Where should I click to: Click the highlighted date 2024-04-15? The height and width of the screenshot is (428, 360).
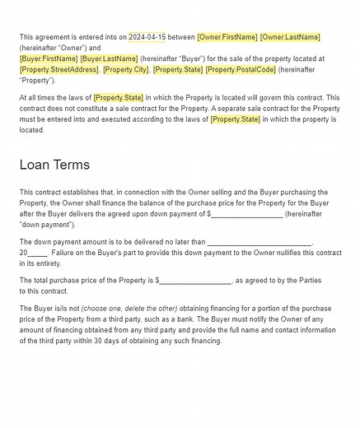pos(147,37)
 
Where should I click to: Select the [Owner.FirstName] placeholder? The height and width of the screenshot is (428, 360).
pos(227,37)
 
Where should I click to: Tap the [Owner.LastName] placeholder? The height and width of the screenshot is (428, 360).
pos(290,37)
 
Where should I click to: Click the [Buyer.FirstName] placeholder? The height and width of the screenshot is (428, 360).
pos(48,59)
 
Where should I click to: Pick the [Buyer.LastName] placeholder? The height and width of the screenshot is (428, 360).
pos(109,59)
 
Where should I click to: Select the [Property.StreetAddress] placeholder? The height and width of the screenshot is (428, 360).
pos(58,70)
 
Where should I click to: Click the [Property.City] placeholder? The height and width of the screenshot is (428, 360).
pos(125,70)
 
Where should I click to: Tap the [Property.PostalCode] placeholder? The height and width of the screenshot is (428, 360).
pos(241,70)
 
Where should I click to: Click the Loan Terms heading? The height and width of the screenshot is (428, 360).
pos(55,165)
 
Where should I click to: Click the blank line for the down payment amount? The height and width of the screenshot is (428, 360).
pos(247,215)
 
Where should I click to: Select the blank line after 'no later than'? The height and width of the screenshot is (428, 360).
pos(260,242)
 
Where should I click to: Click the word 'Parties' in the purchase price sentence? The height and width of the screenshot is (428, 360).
pos(306,281)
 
